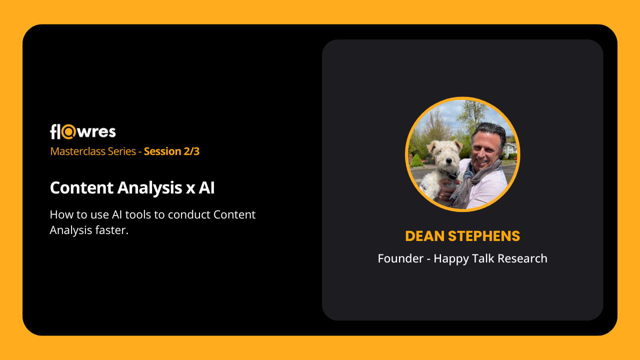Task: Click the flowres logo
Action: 83,131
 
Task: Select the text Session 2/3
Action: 171,151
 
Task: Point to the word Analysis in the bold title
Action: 149,188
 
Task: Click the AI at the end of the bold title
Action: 206,187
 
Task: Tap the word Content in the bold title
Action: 81,187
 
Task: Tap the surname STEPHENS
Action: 484,236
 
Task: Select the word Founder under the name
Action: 400,258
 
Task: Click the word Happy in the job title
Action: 451,259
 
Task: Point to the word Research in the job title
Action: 522,258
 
